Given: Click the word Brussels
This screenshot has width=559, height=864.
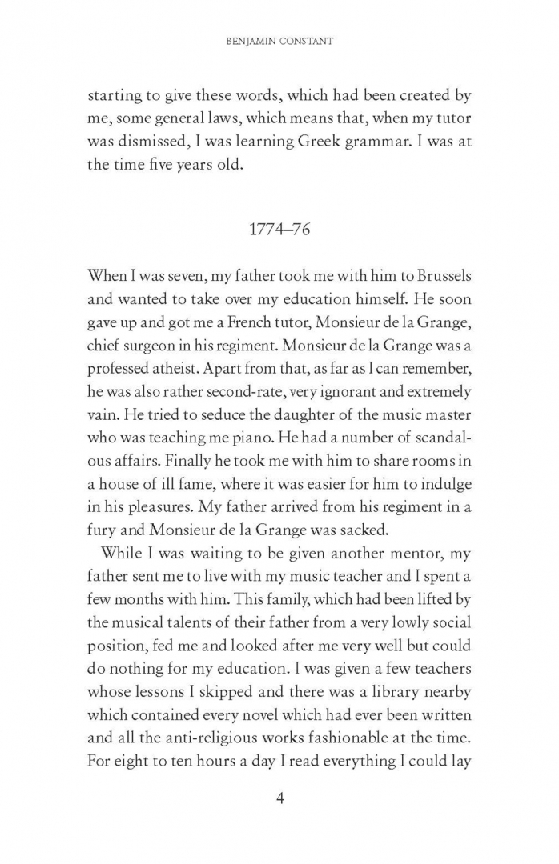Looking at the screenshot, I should [x=438, y=274].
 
